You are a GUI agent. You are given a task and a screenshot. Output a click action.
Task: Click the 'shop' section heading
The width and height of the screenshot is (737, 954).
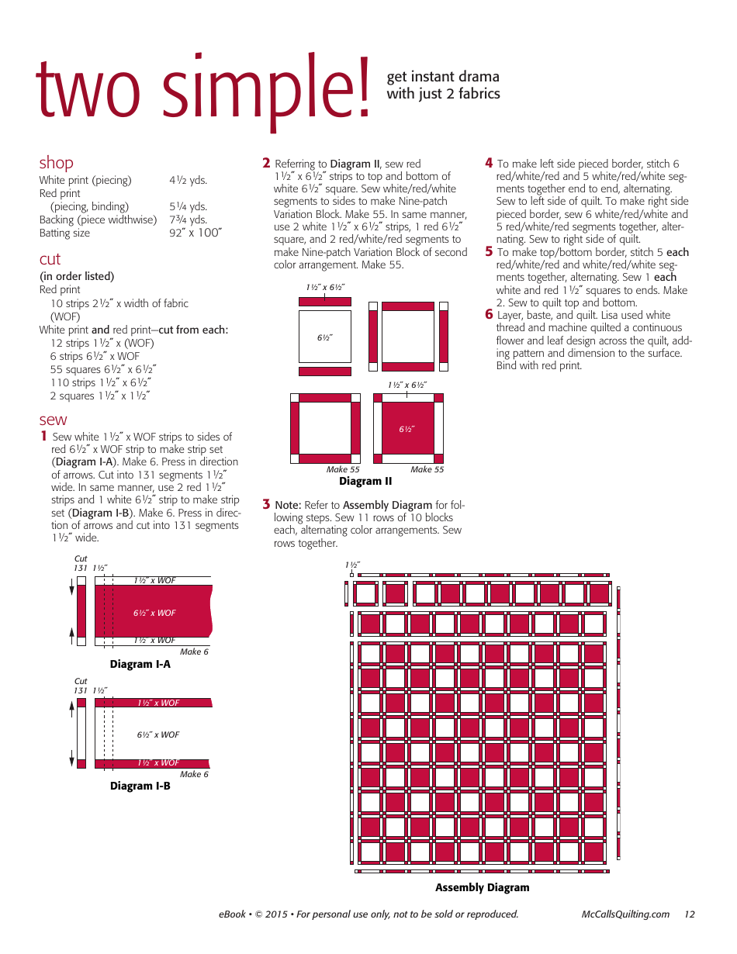57,163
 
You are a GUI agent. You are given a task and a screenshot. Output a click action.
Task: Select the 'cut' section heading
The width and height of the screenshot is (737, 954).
50,259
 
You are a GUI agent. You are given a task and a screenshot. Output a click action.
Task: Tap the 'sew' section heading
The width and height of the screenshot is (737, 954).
54,420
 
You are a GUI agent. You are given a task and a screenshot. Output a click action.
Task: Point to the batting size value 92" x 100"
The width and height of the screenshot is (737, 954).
195,233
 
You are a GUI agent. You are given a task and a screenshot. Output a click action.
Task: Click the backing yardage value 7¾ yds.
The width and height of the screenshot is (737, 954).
189,219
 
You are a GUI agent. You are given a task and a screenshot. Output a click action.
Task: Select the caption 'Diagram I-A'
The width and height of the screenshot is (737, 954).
140,665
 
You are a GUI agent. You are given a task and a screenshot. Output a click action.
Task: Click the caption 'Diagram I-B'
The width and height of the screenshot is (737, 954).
140,786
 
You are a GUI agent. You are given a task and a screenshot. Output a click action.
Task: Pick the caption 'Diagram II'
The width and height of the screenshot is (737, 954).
365,482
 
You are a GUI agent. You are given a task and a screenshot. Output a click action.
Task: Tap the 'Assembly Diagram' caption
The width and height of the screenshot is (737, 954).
482,888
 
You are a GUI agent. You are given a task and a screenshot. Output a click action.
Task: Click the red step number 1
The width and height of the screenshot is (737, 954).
44,436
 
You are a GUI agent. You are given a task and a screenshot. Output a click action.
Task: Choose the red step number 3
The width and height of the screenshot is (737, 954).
266,504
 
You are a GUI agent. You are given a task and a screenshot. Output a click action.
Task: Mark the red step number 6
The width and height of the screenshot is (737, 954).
489,314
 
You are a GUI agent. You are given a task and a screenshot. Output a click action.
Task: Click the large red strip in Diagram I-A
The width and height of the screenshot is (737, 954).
154,612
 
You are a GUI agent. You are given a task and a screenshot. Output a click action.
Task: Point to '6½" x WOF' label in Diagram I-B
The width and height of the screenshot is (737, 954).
158,735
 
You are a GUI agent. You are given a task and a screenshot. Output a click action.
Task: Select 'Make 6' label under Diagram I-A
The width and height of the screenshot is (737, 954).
194,652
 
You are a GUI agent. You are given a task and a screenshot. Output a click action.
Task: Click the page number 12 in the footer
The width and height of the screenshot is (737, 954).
690,914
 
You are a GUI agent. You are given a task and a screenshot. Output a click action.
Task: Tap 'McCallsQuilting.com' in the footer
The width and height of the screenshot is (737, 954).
625,914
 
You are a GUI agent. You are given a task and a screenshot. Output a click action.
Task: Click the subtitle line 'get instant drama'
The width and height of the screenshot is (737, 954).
443,77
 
